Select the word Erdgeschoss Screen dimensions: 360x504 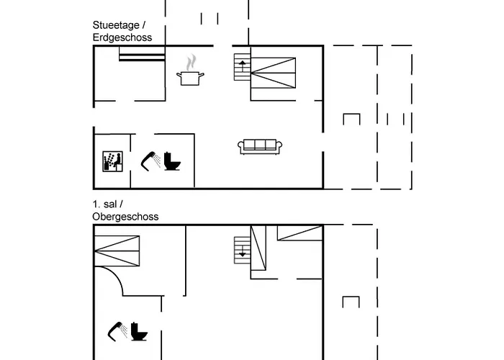(x=122, y=37)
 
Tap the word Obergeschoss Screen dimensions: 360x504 (x=125, y=216)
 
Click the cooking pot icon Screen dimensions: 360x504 (x=191, y=77)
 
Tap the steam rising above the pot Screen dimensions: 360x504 (x=191, y=61)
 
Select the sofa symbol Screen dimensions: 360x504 (x=258, y=146)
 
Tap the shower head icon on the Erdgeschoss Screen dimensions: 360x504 (x=150, y=160)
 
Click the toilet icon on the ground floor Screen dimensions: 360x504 (x=172, y=161)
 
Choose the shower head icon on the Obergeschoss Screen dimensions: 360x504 (x=117, y=330)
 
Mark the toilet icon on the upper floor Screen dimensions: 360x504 (x=139, y=332)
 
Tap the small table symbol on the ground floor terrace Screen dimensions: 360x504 (x=351, y=119)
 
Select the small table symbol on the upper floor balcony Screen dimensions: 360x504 (x=351, y=302)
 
